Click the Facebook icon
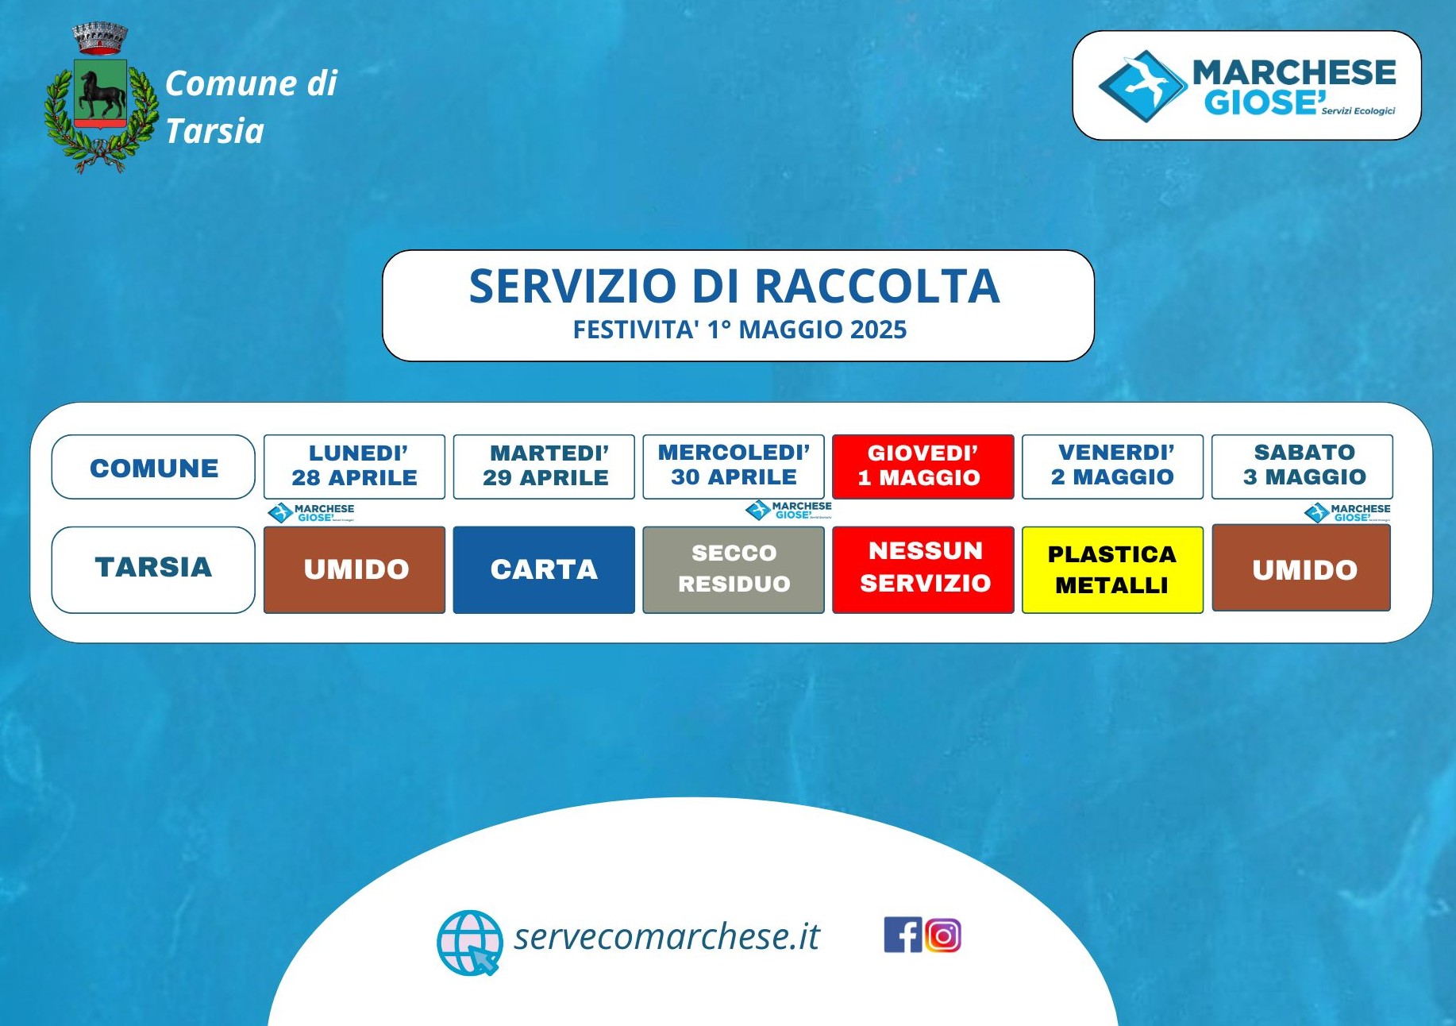(903, 935)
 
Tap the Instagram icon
(942, 935)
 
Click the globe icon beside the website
(470, 943)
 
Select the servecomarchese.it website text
(666, 936)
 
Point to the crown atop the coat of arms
(100, 38)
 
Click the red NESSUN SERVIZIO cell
(923, 569)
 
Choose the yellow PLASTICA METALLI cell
(1112, 569)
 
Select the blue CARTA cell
(544, 569)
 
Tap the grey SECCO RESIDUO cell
(734, 569)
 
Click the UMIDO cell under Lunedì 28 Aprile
(354, 569)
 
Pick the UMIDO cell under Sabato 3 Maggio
(1301, 568)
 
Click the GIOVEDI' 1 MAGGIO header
(923, 466)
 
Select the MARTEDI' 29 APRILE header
(544, 466)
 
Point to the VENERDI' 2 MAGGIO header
(1112, 466)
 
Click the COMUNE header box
(153, 467)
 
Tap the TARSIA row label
(153, 569)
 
